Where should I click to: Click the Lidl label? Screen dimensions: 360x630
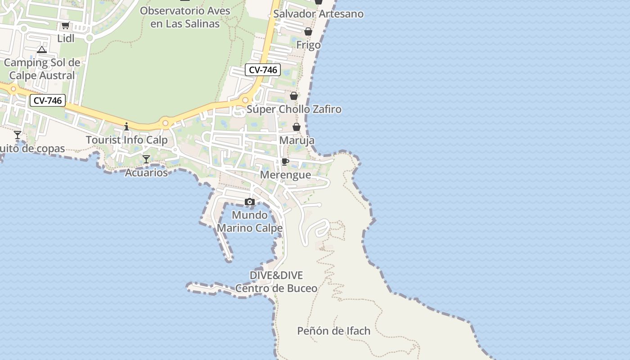click(66, 39)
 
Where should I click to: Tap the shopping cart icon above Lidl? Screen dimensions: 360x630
click(66, 26)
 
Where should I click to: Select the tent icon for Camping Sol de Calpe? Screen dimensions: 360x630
click(42, 49)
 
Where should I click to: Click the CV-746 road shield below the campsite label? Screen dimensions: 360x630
click(48, 100)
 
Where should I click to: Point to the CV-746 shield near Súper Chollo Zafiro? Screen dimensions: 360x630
click(263, 70)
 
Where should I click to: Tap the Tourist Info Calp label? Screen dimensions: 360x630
click(126, 140)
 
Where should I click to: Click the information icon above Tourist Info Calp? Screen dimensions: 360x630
click(126, 126)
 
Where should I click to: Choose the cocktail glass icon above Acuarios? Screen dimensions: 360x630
click(146, 159)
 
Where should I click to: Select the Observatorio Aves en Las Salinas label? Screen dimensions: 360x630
click(185, 17)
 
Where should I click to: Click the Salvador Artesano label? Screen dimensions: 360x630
click(318, 14)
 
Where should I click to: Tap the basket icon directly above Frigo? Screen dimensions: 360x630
click(308, 31)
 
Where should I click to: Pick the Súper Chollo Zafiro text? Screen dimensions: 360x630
click(294, 109)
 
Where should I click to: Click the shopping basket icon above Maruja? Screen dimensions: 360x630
click(297, 127)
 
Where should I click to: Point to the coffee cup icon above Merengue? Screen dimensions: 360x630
click(285, 162)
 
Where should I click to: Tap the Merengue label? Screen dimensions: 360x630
click(286, 175)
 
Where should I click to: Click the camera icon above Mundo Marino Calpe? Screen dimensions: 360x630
click(250, 202)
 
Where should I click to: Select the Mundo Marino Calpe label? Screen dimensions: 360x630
click(250, 221)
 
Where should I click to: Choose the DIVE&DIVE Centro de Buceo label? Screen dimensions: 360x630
click(276, 282)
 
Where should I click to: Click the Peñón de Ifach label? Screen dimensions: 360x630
click(334, 331)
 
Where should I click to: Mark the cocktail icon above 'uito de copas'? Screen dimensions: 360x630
click(18, 135)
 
